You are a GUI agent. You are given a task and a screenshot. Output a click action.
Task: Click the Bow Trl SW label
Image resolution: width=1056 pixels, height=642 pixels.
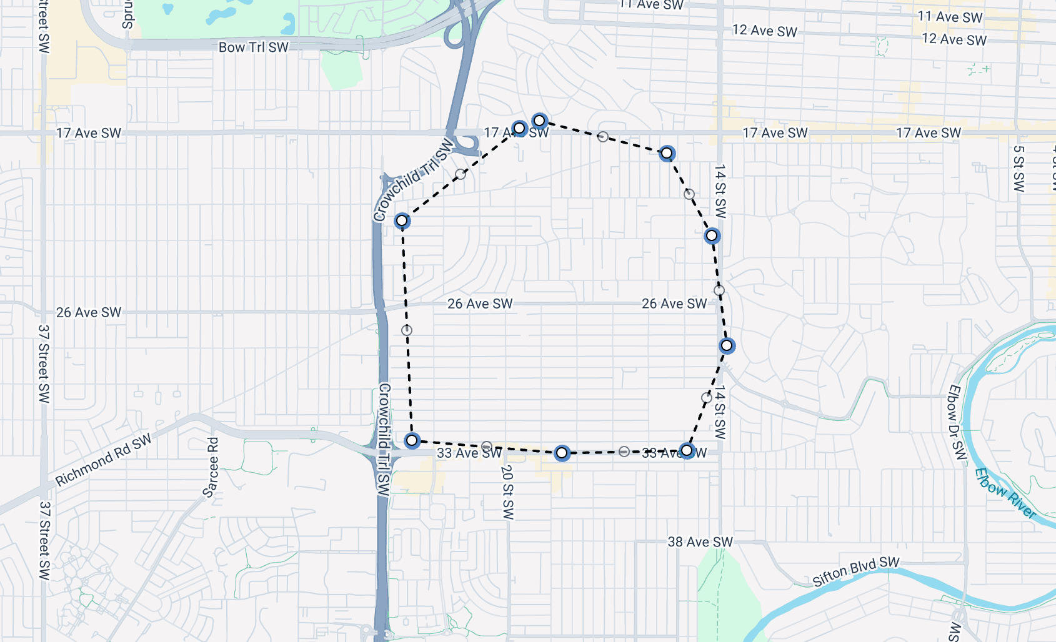(253, 47)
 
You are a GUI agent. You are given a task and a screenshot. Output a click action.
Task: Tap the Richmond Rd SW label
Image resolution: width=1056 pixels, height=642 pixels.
(103, 460)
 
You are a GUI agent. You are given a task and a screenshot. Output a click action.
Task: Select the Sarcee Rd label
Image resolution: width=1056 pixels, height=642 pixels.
(212, 467)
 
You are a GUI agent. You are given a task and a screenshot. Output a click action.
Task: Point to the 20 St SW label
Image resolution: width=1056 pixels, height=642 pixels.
(507, 492)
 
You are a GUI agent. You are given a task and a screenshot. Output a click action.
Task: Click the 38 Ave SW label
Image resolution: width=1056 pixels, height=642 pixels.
(700, 542)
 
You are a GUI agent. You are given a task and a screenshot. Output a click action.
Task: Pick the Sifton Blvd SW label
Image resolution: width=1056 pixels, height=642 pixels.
(855, 571)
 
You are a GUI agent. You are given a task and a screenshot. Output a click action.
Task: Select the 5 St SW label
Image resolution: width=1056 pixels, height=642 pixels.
(1019, 169)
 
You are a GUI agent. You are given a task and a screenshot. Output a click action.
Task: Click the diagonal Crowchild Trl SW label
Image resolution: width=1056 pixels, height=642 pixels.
(413, 180)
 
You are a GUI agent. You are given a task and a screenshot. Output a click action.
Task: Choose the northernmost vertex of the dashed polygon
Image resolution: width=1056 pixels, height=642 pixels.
(539, 121)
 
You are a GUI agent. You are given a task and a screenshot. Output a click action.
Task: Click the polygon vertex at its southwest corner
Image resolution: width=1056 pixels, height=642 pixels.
(412, 441)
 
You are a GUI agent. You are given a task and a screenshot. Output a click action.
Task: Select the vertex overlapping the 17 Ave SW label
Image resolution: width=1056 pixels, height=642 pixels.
(519, 129)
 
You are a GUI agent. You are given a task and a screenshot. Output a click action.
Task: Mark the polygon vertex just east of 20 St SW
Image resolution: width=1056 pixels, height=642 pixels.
(562, 453)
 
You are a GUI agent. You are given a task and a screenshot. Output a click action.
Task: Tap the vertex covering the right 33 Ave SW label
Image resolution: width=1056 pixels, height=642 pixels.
(687, 450)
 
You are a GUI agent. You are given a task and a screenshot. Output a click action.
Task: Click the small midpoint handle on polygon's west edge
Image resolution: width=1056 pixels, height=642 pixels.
(407, 330)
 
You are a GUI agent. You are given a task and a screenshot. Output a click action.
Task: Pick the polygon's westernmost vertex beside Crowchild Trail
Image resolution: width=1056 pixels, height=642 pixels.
(402, 220)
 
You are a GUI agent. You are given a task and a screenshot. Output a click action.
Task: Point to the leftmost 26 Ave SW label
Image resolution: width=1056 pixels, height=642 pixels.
(89, 312)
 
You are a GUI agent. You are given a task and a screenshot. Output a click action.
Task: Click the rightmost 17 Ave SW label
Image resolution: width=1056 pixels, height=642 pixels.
(929, 133)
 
